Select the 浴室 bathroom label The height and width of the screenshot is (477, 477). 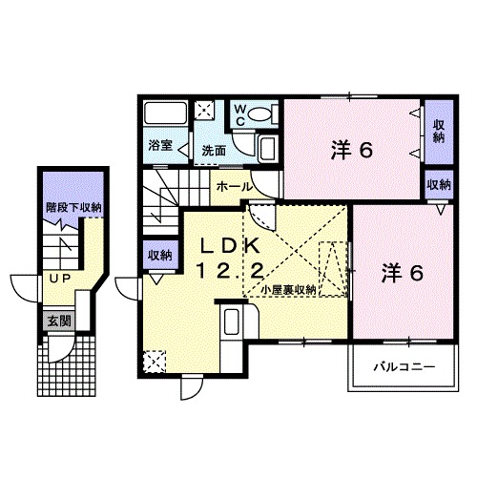pos(160,146)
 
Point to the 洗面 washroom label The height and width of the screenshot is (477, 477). pos(214,150)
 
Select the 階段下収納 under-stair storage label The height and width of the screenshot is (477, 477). pos(73,205)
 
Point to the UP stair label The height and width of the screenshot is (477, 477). pos(59,279)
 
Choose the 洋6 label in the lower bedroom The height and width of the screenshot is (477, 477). pos(402,272)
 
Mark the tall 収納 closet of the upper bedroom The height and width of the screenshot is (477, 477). pos(438,132)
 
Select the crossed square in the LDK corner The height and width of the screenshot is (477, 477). pos(154,361)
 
